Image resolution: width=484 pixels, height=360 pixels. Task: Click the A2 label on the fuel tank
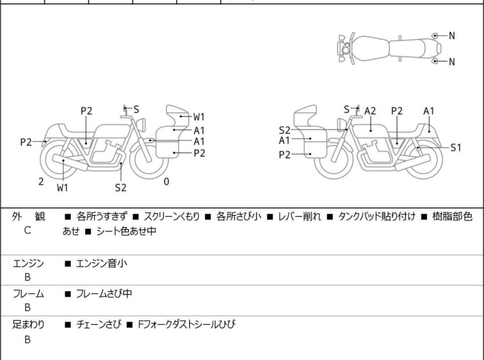370,111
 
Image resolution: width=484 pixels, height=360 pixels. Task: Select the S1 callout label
456,148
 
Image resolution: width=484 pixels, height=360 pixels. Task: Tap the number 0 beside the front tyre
167,182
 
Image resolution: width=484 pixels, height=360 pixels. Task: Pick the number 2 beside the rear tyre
41,182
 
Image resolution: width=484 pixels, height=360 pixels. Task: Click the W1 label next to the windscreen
199,117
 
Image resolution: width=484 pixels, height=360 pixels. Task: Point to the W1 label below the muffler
62,187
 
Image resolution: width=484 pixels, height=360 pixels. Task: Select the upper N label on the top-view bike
452,36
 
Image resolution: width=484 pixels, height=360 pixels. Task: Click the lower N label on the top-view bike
452,62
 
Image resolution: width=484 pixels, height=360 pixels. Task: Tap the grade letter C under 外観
28,230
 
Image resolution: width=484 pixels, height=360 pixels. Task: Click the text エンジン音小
101,264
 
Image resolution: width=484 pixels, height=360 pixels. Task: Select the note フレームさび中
104,293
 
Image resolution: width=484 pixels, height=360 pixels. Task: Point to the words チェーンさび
99,325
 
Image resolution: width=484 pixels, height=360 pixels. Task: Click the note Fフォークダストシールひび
187,325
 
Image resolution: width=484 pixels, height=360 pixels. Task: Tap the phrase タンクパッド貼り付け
376,216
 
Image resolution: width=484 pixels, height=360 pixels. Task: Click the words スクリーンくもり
172,216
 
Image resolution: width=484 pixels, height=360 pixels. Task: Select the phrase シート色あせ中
126,231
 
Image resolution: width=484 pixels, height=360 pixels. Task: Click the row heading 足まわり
28,325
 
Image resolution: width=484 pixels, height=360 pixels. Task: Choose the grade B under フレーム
28,308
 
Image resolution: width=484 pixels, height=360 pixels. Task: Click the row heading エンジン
28,264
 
